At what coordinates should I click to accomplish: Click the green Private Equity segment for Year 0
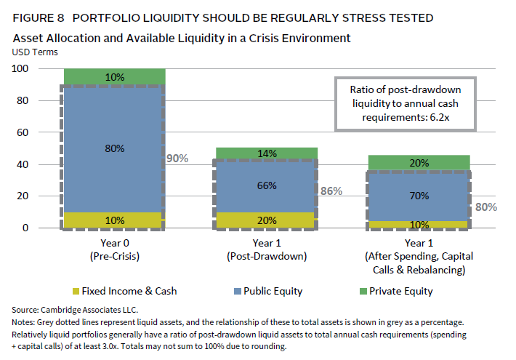pyautogui.click(x=115, y=76)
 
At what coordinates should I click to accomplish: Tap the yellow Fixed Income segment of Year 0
pyautogui.click(x=115, y=220)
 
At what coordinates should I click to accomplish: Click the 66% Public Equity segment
pyautogui.click(x=267, y=185)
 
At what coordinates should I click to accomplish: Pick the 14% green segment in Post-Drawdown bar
pyautogui.click(x=267, y=153)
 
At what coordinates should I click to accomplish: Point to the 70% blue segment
pyautogui.click(x=419, y=196)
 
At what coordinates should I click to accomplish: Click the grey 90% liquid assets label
pyautogui.click(x=177, y=158)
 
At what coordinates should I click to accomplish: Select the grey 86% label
pyautogui.click(x=331, y=191)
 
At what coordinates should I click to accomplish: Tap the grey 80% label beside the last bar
pyautogui.click(x=486, y=207)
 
